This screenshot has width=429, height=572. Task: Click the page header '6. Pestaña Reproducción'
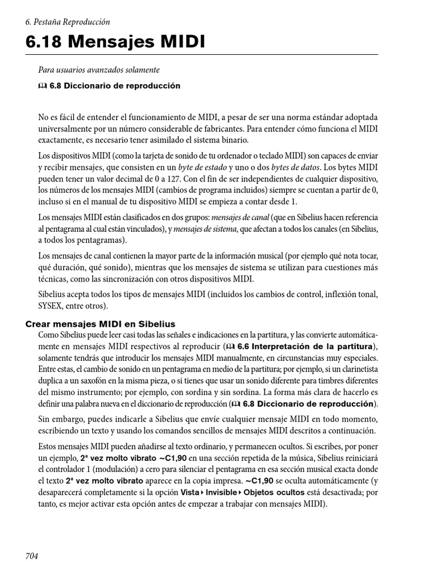tap(68, 22)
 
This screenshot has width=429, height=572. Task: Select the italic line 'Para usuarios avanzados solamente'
tap(99, 70)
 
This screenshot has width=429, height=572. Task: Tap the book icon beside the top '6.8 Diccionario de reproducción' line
tap(42, 86)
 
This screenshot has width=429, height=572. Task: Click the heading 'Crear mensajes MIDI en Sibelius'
tap(101, 324)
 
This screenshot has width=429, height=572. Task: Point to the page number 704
tap(32, 556)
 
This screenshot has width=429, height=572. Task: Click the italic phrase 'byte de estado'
tap(202, 167)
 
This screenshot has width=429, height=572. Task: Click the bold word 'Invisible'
tap(221, 492)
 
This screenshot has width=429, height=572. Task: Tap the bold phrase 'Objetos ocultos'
tap(274, 492)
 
